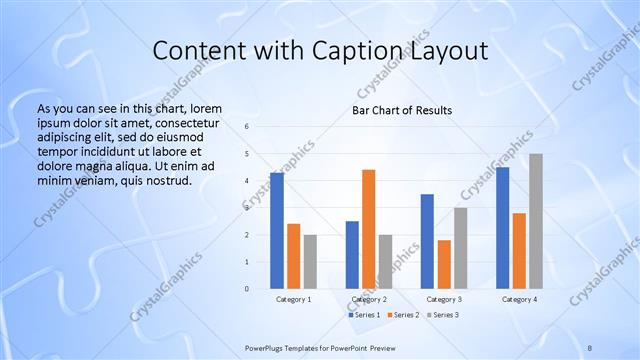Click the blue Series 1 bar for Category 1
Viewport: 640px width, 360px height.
tap(277, 231)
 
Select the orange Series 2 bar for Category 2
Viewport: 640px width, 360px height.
tap(368, 229)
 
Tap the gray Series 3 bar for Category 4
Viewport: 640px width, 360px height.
tap(536, 221)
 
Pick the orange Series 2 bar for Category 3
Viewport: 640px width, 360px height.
tap(444, 264)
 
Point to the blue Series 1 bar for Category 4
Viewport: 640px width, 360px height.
tap(502, 228)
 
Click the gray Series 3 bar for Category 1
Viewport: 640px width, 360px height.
tap(310, 262)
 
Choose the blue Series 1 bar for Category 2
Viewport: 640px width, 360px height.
tap(352, 255)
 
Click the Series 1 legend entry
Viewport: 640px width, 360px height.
tap(366, 315)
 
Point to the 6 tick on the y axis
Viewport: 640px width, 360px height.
tap(246, 127)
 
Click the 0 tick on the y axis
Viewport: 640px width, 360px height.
tap(246, 289)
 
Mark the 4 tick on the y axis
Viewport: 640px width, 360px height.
tap(246, 181)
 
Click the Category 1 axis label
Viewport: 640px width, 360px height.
tap(294, 299)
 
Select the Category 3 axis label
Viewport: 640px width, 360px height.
tap(444, 299)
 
